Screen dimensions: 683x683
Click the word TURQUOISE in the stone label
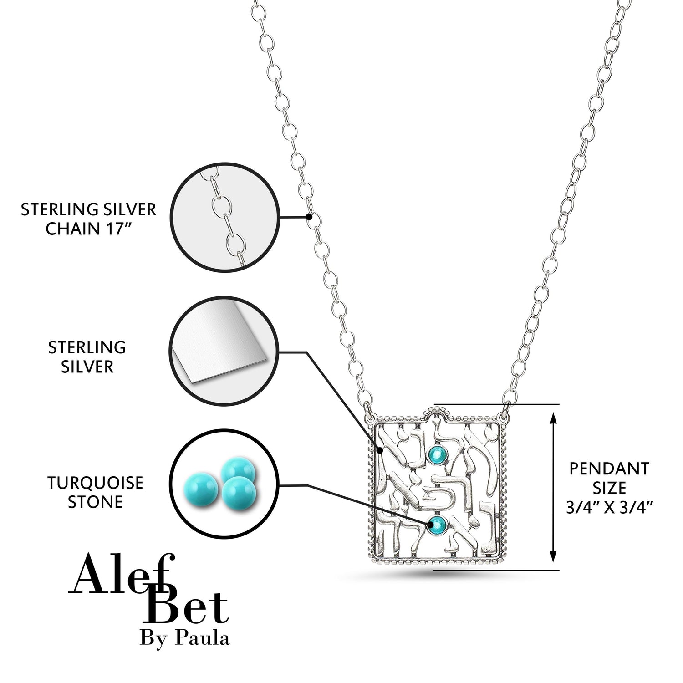(95, 483)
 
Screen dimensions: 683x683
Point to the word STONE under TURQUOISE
(95, 502)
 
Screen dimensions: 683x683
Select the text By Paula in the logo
(184, 638)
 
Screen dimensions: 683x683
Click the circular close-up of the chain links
(225, 218)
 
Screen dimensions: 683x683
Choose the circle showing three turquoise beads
(225, 484)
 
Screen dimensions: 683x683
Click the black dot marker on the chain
(309, 217)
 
